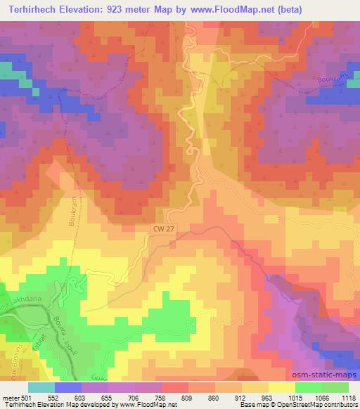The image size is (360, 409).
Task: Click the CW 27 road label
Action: tap(162, 228)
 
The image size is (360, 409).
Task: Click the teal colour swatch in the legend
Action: tap(42, 387)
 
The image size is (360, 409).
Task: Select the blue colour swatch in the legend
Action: tap(67, 387)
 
